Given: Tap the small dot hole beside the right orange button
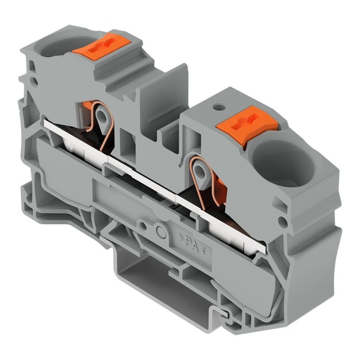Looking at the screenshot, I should (219, 108).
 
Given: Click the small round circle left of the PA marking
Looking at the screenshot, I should (161, 233).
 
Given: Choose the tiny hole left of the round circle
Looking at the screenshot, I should (144, 226).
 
